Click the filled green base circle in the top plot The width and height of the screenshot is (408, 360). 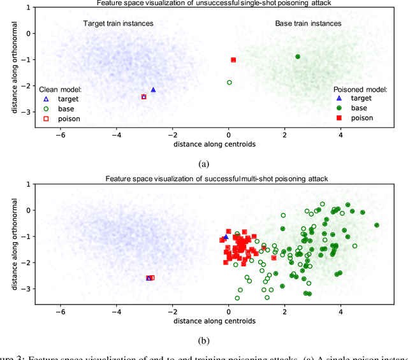coord(298,57)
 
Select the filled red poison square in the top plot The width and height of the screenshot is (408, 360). coord(233,60)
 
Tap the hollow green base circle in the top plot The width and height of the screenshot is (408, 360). coord(229,82)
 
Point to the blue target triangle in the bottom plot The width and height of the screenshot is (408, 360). coord(226,237)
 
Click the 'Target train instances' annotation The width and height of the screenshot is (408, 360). coord(119,24)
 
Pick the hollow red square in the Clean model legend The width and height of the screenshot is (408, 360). coord(45,119)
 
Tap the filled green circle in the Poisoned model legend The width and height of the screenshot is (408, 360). coord(340,108)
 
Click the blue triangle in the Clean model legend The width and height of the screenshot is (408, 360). coord(45,99)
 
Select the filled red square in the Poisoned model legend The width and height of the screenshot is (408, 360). coord(340,119)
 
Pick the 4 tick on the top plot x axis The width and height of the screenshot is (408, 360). coord(340,135)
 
